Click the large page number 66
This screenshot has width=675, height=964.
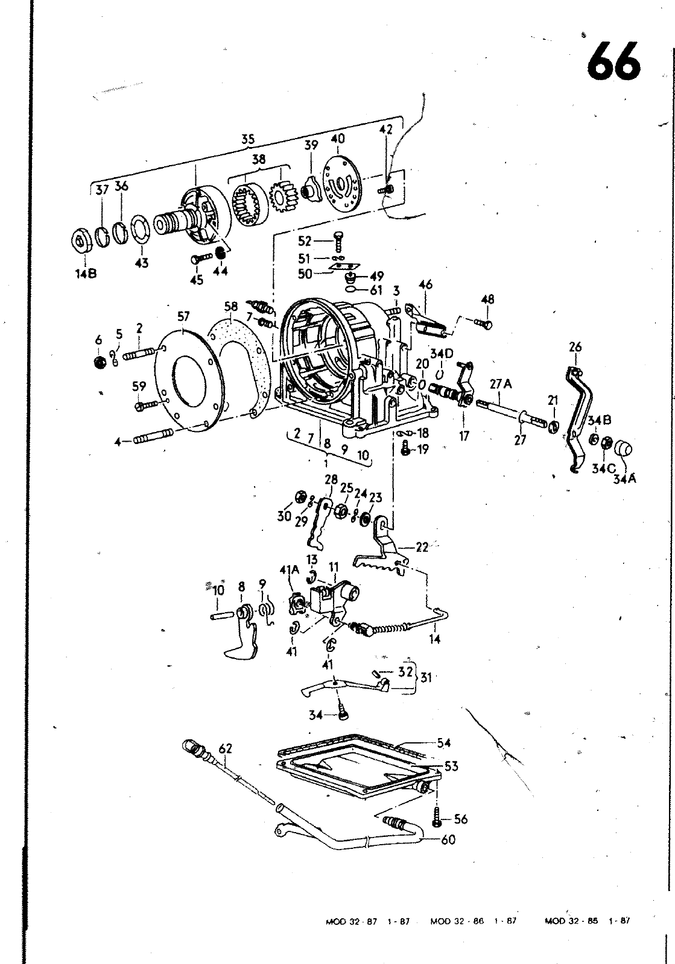click(614, 61)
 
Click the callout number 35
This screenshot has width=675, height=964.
click(248, 139)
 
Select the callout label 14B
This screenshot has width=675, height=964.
click(86, 274)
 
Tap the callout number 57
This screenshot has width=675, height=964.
click(183, 317)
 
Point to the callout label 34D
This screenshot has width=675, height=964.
click(442, 354)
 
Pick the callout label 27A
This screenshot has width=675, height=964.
click(501, 383)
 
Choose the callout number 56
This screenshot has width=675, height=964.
click(460, 819)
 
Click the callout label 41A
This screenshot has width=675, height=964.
click(289, 570)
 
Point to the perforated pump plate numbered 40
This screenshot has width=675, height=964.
click(343, 184)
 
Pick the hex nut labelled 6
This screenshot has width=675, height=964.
click(100, 363)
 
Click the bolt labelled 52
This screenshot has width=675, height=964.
click(338, 241)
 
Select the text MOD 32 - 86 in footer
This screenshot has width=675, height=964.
click(457, 921)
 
